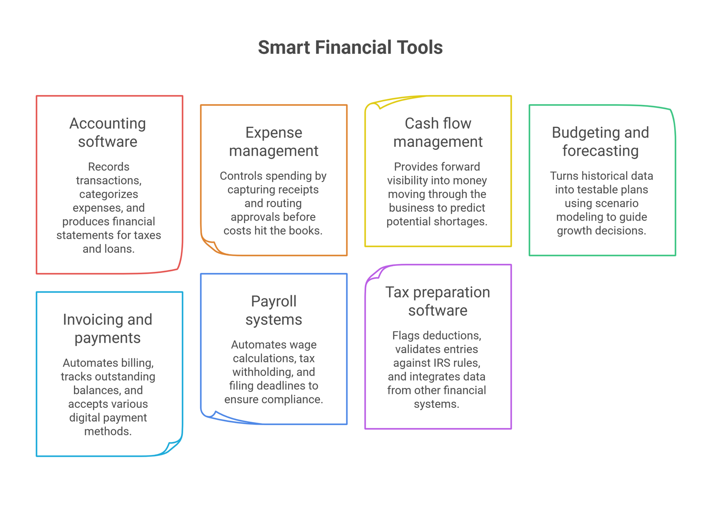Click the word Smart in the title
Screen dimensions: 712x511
point(284,47)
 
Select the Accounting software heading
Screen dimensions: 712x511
point(108,133)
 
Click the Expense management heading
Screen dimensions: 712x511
point(274,141)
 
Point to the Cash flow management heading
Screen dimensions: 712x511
point(438,133)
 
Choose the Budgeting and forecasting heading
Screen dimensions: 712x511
point(600,141)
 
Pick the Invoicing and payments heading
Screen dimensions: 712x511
point(108,329)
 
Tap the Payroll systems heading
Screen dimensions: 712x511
point(274,310)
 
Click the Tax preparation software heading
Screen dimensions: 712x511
point(438,301)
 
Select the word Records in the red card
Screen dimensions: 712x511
point(109,166)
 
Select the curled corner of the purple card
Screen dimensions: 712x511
point(374,274)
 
